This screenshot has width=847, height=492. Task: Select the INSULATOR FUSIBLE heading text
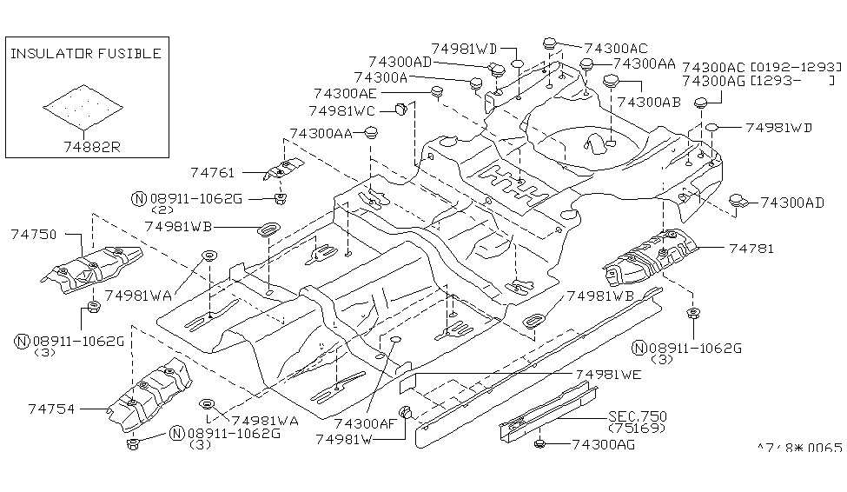[x=85, y=54]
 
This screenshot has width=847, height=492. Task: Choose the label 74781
[x=751, y=249]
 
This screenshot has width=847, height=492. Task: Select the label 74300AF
[x=365, y=423]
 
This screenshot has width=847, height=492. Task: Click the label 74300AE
[x=346, y=93]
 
